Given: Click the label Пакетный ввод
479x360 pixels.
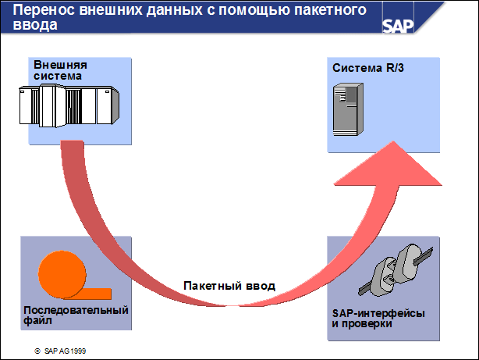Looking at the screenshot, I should coord(229,286).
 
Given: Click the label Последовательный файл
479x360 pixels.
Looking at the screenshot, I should coord(75,315).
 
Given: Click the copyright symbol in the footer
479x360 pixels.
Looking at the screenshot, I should coord(37,351).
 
